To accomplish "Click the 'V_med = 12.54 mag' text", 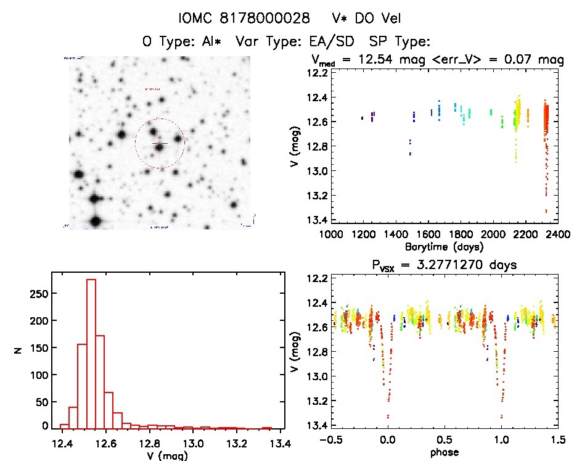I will [x=378, y=60].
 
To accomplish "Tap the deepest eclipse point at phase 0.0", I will [x=388, y=417].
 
